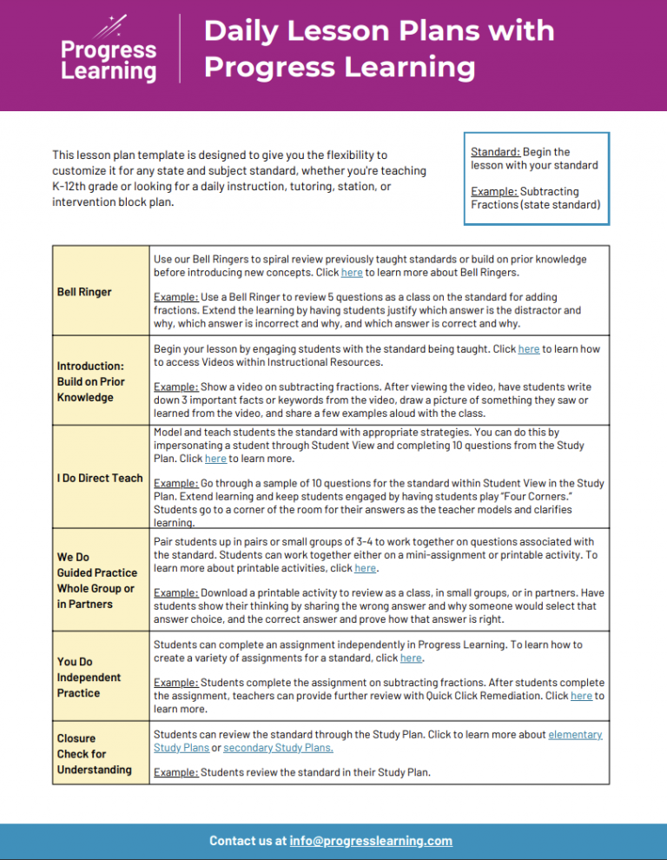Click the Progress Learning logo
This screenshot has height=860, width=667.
[108, 50]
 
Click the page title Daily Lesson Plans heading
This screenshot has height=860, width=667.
[379, 49]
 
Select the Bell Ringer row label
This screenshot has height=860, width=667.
[84, 292]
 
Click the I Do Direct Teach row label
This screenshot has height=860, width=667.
[99, 478]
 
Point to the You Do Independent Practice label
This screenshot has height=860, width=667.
[89, 677]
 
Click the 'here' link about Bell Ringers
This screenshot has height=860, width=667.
[352, 273]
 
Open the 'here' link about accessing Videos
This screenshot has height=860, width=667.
[528, 349]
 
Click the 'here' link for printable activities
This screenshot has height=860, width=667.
[365, 568]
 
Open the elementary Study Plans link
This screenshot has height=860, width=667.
[575, 734]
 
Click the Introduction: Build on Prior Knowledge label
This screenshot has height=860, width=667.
[91, 381]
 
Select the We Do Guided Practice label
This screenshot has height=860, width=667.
[96, 580]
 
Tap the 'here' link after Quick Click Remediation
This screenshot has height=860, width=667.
[581, 696]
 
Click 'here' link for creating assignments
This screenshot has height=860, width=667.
[410, 658]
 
